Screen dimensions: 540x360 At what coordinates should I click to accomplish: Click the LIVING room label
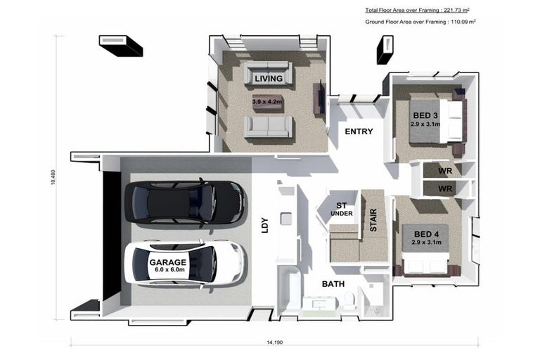point(269,79)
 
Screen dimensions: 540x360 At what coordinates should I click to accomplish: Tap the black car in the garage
point(186,202)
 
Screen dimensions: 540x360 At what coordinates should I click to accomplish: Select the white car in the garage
point(186,263)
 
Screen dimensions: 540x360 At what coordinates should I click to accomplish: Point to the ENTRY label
point(359,131)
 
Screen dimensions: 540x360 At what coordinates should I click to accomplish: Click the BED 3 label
point(425,115)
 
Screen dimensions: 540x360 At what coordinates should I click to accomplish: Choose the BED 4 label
point(426,234)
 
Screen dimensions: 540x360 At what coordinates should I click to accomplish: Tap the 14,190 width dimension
point(274,342)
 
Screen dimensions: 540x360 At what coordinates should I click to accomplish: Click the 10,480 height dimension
point(53,177)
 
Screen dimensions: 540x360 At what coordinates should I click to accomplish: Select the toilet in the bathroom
point(349,300)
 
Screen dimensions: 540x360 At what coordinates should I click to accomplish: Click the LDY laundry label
point(265,225)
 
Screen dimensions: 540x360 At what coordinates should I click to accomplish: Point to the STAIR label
point(373,220)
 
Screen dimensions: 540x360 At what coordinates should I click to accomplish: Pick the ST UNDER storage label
point(341,210)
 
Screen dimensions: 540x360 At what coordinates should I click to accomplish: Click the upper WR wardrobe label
point(445,171)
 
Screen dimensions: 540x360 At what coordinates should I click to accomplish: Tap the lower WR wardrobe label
point(445,188)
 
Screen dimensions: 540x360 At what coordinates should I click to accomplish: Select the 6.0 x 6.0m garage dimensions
point(169,270)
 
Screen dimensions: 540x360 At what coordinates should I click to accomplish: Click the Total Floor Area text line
point(417,11)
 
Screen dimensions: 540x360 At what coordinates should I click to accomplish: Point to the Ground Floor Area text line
point(420,22)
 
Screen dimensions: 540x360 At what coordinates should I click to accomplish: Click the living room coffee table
point(268,103)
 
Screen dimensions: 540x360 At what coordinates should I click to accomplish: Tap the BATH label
point(333,284)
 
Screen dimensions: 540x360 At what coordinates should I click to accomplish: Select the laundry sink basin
point(286,219)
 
